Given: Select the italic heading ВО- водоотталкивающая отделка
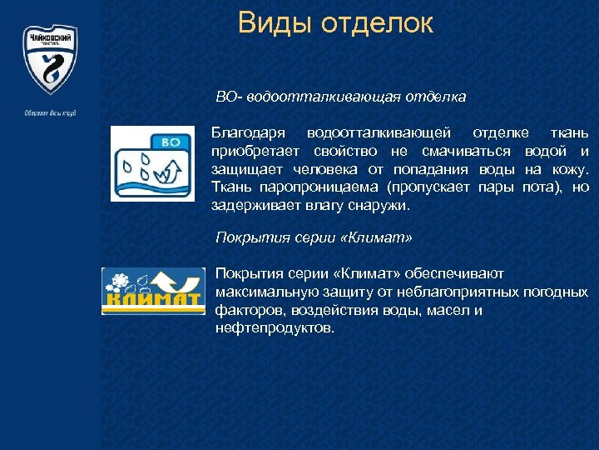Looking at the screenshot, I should point(340,97).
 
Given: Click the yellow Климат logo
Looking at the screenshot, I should point(152,291).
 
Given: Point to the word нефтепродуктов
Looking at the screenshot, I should point(275,328).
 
